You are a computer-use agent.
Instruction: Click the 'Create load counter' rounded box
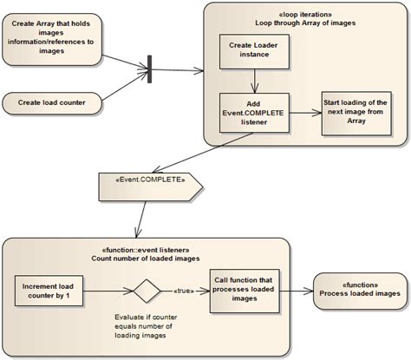[x=51, y=103]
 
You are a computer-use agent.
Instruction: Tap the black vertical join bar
[x=149, y=69]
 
